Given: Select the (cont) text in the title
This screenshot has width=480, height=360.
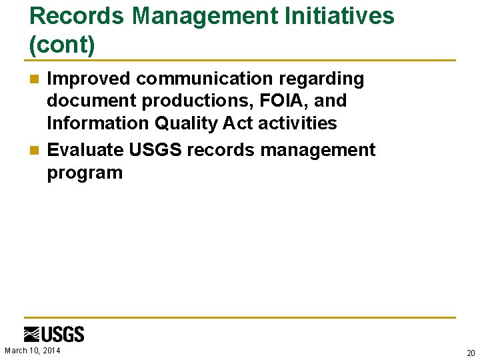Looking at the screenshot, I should (x=63, y=45).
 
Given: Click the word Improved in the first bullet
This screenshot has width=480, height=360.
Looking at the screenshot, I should (x=89, y=79).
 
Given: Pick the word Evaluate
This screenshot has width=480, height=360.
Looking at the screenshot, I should (x=85, y=150).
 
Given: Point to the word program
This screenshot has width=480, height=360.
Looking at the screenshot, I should (x=85, y=173).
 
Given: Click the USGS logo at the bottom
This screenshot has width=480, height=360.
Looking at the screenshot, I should (x=54, y=334).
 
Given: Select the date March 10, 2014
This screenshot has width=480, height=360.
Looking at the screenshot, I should (x=33, y=351).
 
